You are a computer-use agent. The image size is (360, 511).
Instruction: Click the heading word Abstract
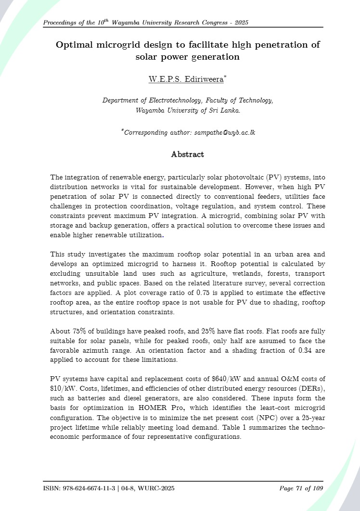[187, 154]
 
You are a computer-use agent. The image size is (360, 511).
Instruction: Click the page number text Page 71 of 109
[301, 489]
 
